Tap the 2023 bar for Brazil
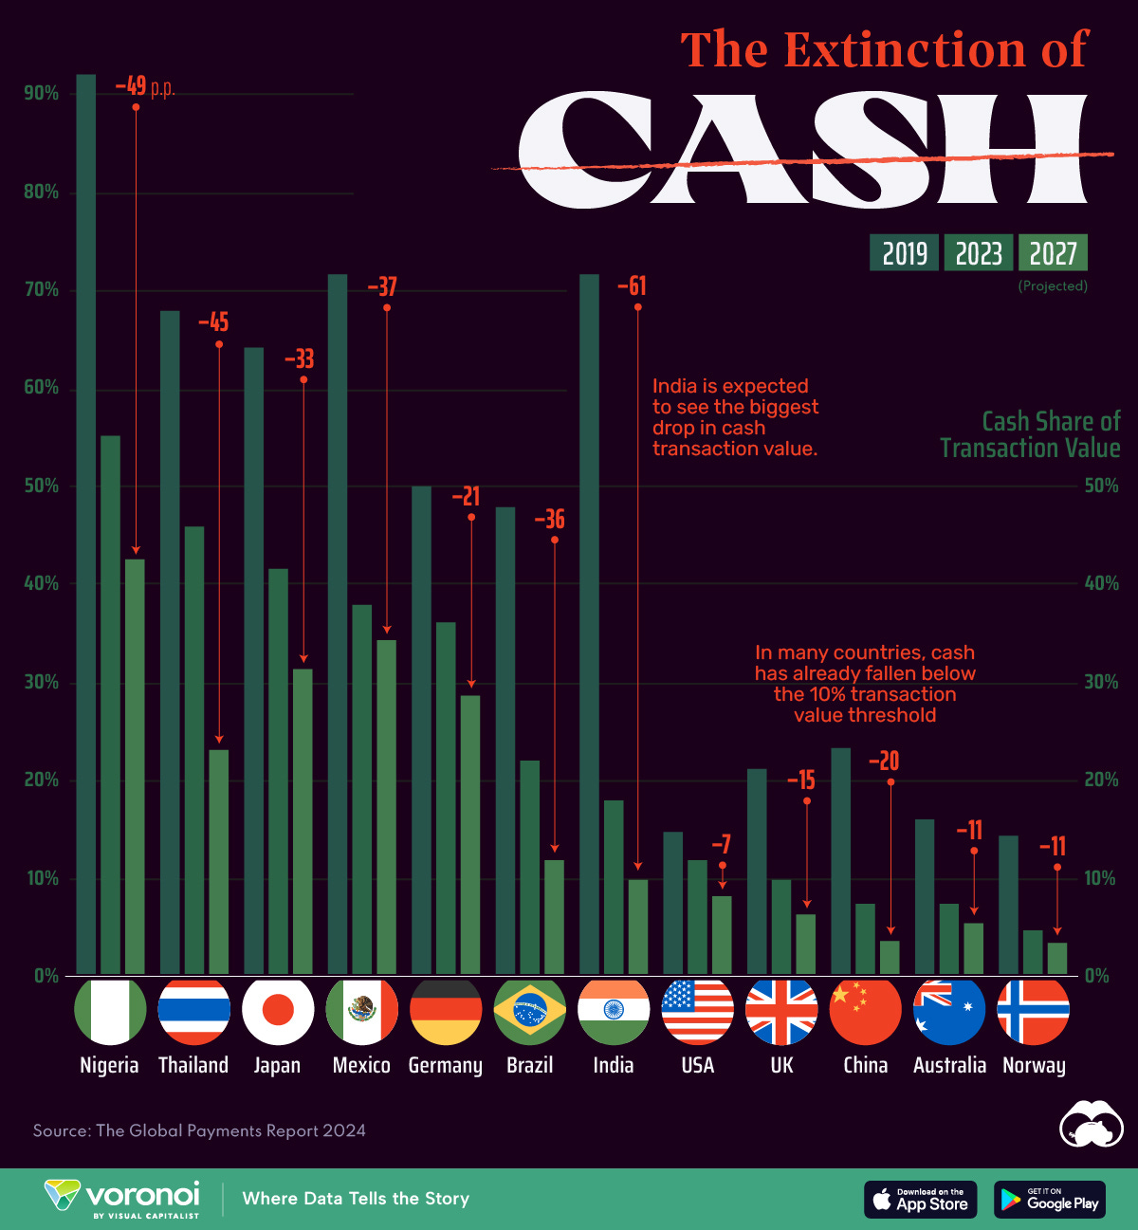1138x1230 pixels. tap(529, 867)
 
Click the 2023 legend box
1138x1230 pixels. tap(979, 253)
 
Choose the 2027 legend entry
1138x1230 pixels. tap(1053, 253)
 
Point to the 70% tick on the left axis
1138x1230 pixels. tap(42, 290)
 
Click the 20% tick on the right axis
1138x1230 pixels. tap(1101, 780)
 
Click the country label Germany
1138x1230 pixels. tap(445, 1065)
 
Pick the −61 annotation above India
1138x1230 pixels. tap(632, 286)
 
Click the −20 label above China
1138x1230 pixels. tap(884, 762)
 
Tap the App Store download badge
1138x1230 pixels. tap(920, 1200)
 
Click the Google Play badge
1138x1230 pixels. tap(1050, 1200)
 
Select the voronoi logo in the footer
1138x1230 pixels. tap(123, 1198)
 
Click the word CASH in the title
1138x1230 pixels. tap(801, 152)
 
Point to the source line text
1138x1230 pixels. tap(199, 1130)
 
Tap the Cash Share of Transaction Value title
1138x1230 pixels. tap(1030, 434)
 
